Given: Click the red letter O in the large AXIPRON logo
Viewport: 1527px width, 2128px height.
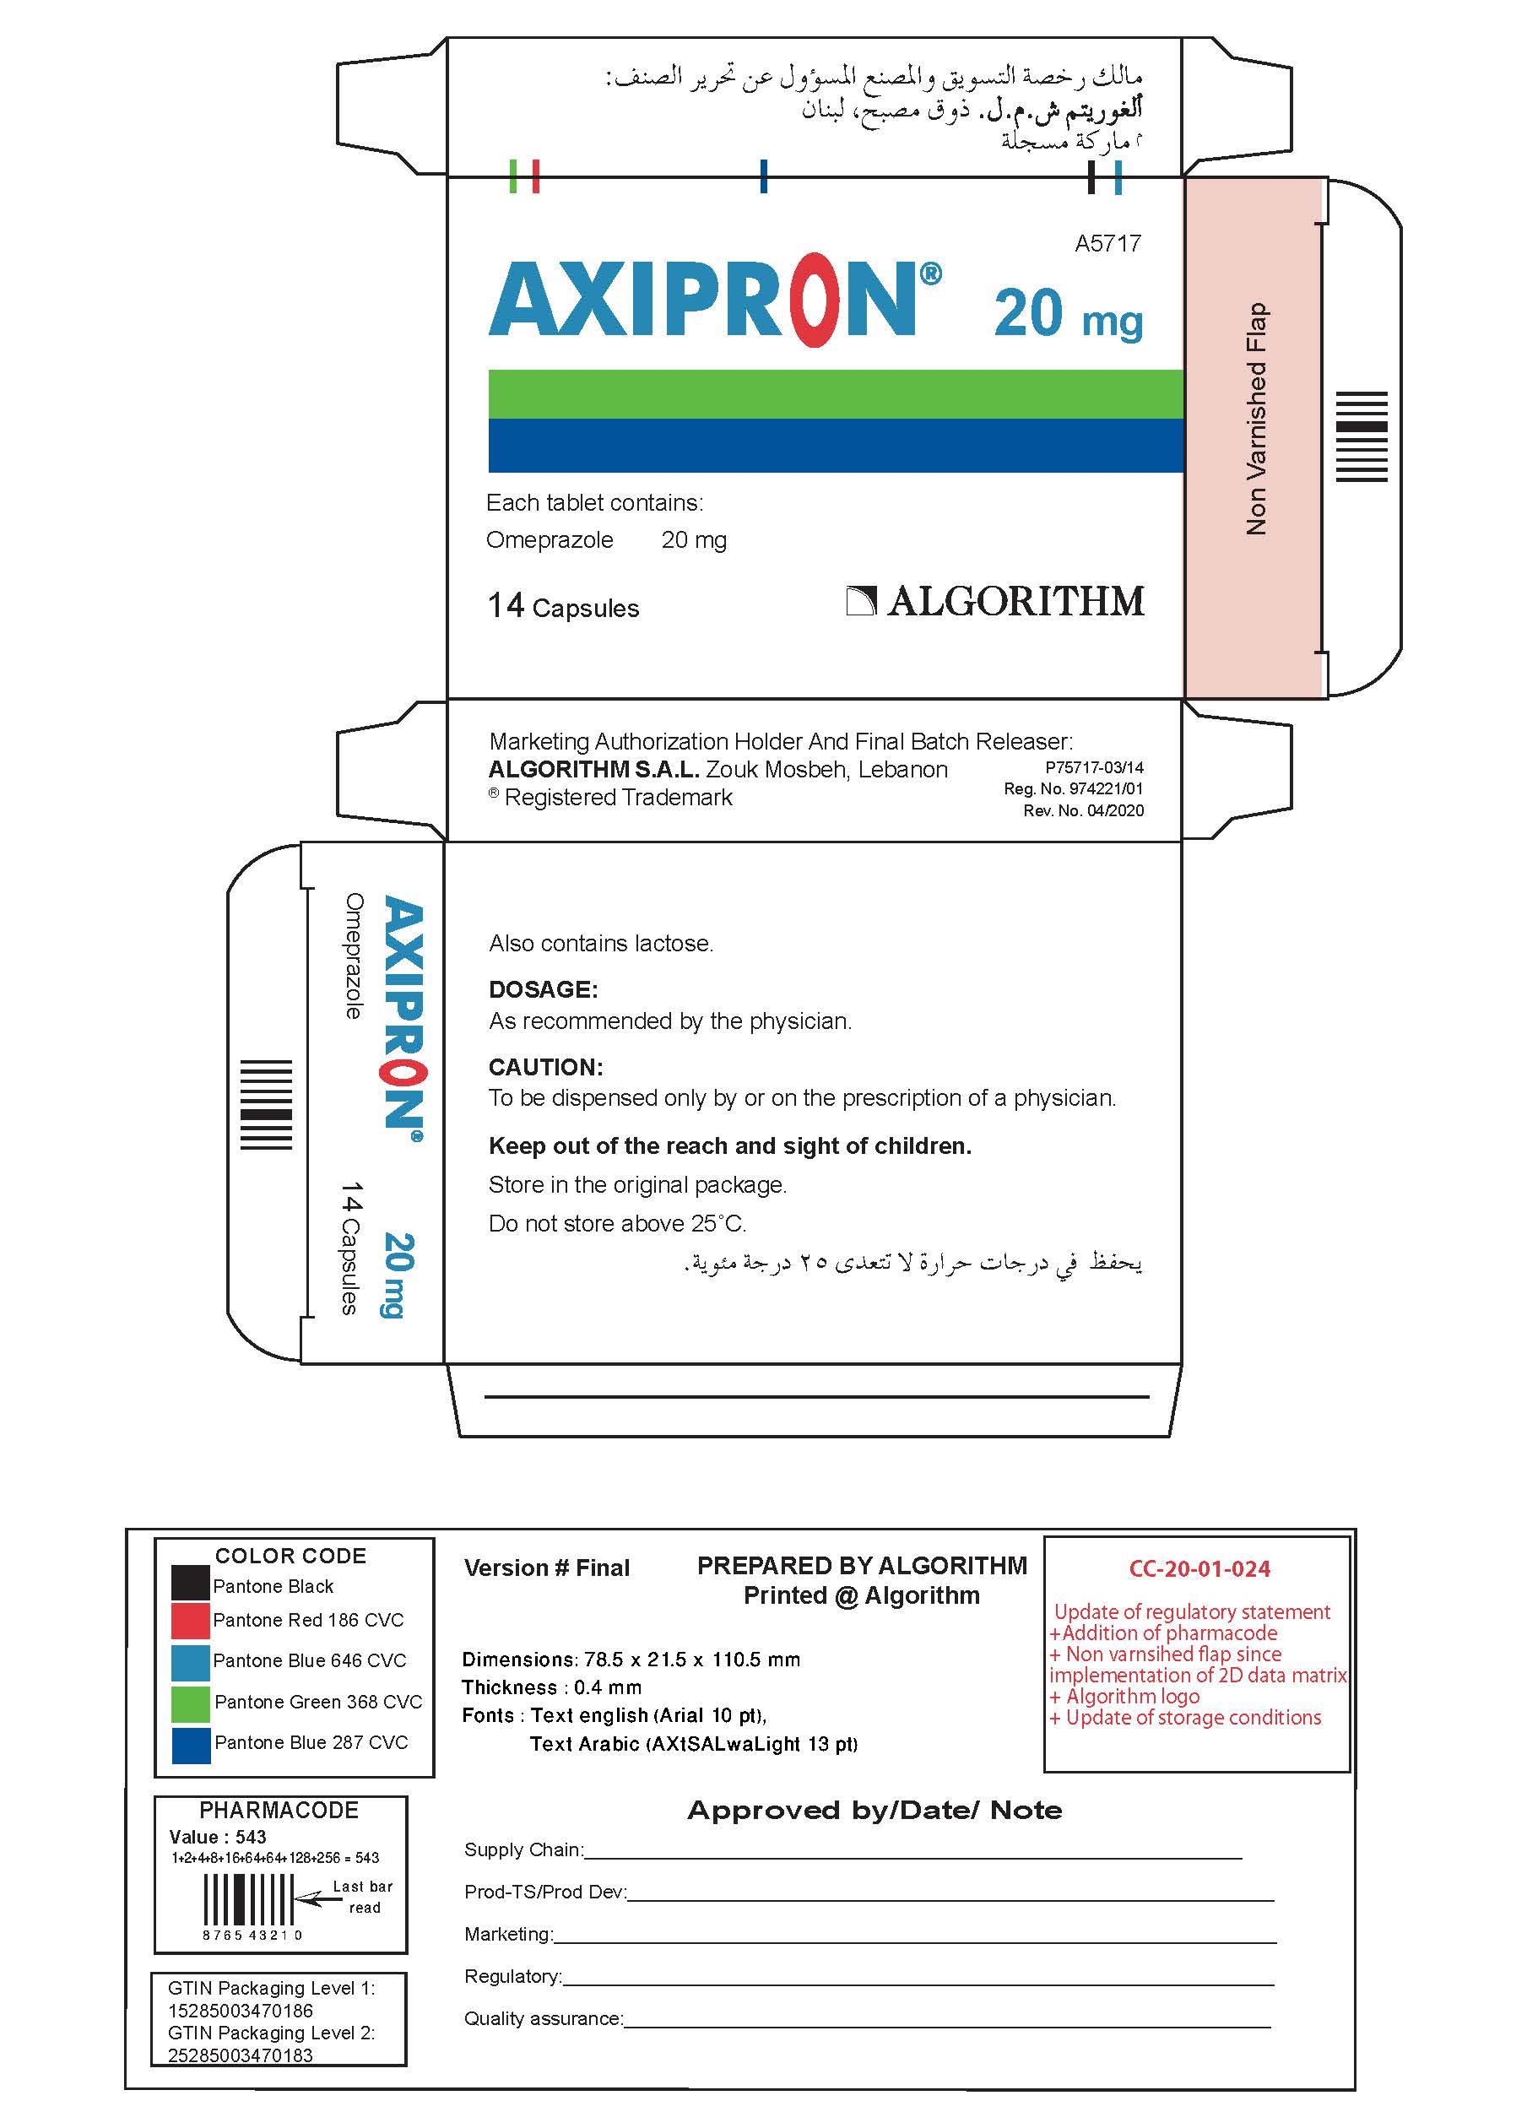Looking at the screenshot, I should pos(816,301).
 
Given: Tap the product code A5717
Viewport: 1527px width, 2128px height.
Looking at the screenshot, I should pos(1107,244).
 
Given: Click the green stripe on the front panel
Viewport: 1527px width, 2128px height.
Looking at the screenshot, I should pos(836,394).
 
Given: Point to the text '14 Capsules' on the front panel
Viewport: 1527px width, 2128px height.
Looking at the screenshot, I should pos(563,607).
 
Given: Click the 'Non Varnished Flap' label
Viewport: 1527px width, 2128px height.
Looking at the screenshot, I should pos(1256,419).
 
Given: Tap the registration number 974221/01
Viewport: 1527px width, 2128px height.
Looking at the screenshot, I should pos(1106,789).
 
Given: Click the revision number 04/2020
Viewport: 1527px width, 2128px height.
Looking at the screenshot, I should pos(1115,810).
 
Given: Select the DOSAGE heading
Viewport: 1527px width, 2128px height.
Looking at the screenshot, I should pos(543,989).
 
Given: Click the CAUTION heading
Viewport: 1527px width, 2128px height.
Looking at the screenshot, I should pos(545,1067).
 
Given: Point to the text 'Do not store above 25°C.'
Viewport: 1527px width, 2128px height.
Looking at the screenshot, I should pos(616,1223).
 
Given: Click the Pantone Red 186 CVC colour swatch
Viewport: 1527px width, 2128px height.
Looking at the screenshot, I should pos(191,1621).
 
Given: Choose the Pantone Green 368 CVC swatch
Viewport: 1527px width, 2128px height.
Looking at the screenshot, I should pos(191,1702).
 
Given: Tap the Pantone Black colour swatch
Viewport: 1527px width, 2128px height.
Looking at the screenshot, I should pos(191,1582).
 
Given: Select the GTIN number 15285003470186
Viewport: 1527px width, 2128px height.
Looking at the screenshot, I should pos(241,2011).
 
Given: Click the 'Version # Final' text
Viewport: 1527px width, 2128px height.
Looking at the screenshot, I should pos(546,1568).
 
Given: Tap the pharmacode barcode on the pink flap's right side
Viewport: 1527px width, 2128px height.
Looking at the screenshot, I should pos(1361,436).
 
